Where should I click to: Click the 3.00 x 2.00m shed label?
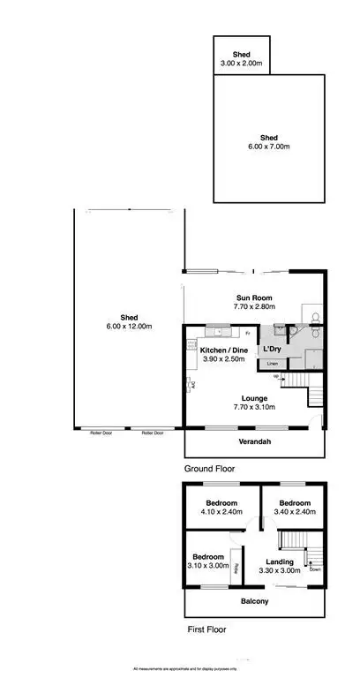coord(241,63)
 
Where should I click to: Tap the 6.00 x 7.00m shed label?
coord(269,147)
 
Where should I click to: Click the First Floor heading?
coord(206,630)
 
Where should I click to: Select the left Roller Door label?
coord(101,433)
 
